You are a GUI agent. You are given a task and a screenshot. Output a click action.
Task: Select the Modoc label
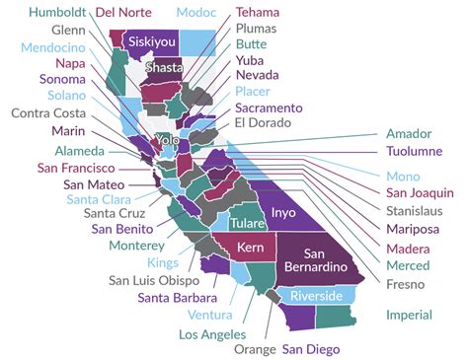click(198, 13)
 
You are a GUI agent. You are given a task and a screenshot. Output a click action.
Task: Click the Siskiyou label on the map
click(153, 43)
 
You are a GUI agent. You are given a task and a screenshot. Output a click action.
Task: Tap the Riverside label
click(316, 296)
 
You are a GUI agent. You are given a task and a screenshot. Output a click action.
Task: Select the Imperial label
click(409, 315)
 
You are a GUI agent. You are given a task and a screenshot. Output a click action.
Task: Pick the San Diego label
click(311, 348)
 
